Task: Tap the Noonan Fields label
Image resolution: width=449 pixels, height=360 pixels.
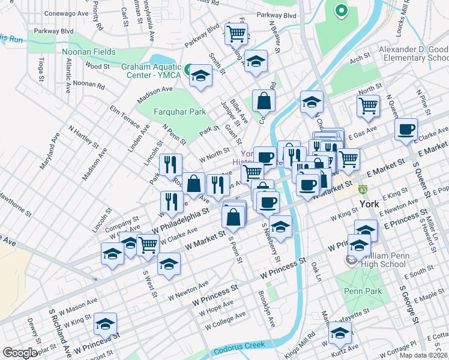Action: point(89,53)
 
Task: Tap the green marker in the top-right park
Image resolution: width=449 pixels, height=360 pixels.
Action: point(341,10)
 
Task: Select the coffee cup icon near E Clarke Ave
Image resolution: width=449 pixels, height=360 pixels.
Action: point(406,129)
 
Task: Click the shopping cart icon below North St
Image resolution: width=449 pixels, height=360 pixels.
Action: point(368,106)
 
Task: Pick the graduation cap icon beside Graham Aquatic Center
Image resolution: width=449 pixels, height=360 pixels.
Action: point(200,76)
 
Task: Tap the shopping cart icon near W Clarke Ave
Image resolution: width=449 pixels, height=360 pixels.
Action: point(148,244)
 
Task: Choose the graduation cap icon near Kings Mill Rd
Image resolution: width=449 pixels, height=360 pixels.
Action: point(340,332)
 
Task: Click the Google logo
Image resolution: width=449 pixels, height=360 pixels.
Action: point(19,353)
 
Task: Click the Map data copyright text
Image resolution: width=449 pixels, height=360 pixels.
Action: point(424,355)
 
